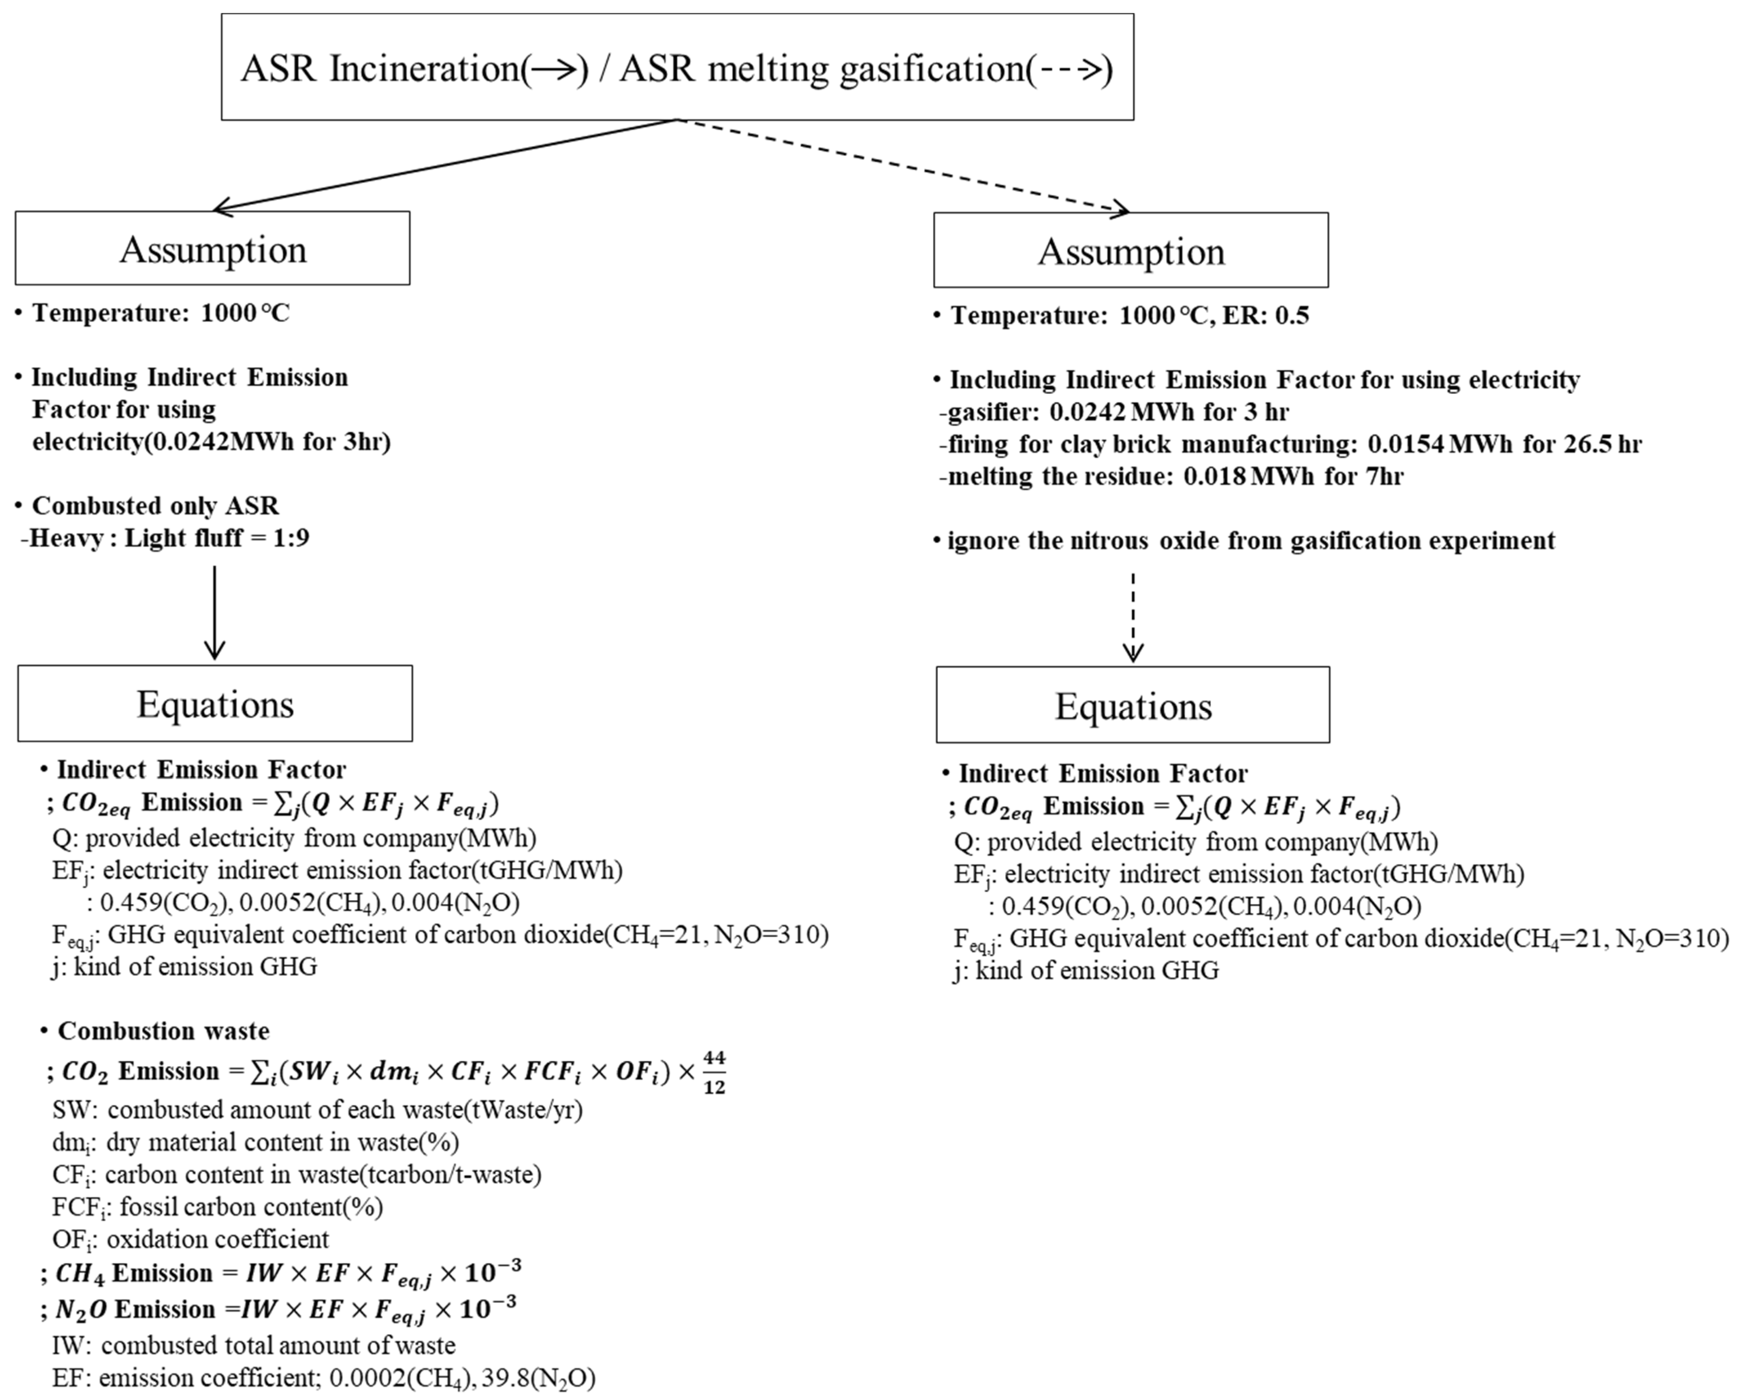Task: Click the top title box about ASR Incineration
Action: [677, 68]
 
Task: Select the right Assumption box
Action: [1131, 251]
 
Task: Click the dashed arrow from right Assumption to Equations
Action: [1133, 617]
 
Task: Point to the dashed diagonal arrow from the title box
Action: [903, 166]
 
